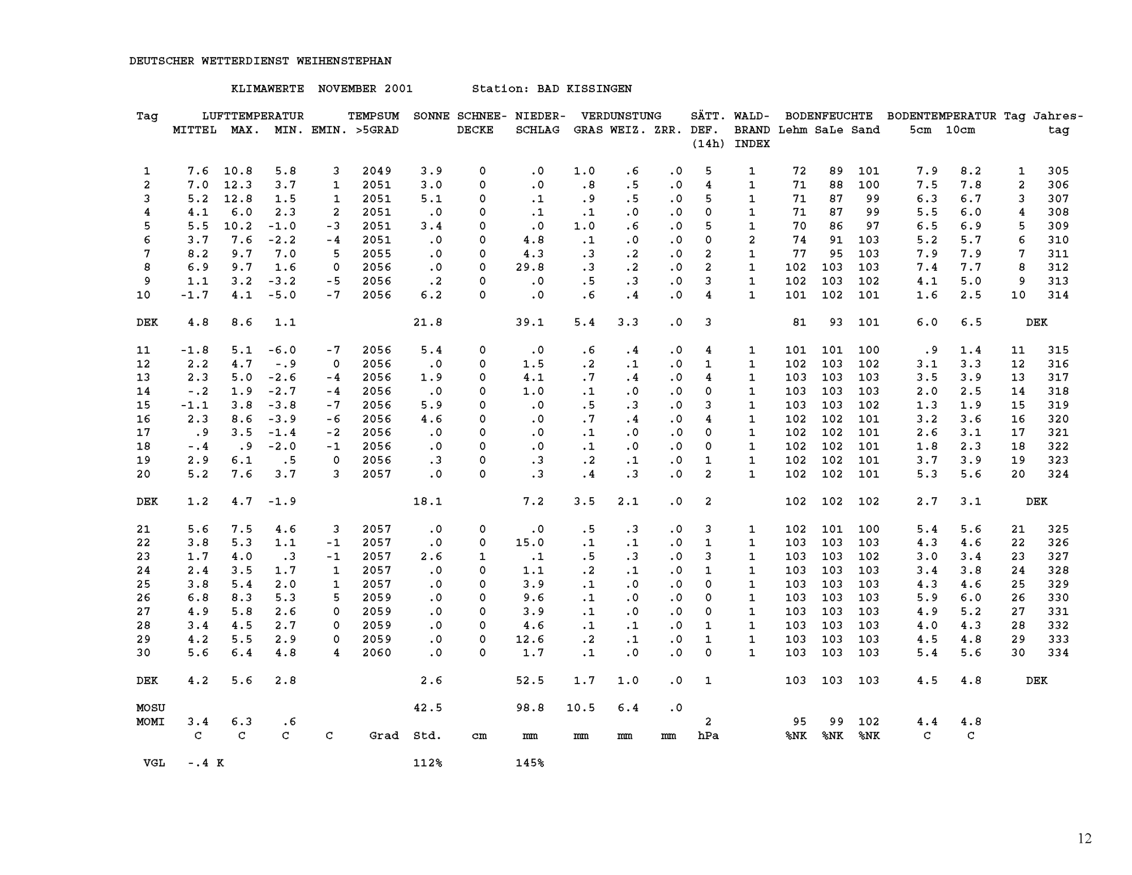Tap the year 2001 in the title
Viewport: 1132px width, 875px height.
pyautogui.click(x=398, y=89)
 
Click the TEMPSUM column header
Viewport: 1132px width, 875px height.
pyautogui.click(x=373, y=116)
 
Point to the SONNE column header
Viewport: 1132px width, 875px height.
pyautogui.click(x=431, y=116)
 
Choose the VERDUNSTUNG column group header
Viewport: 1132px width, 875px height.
pyautogui.click(x=621, y=116)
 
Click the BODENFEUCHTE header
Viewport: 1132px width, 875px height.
pyautogui.click(x=829, y=116)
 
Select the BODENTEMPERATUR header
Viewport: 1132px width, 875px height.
pyautogui.click(x=941, y=116)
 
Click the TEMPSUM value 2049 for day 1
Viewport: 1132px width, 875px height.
pyautogui.click(x=376, y=171)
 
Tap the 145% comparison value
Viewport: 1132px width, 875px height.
pyautogui.click(x=530, y=763)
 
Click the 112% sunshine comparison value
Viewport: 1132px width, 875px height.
pyautogui.click(x=427, y=763)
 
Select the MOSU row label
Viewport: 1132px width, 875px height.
pyautogui.click(x=151, y=708)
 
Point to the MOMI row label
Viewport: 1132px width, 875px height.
pyautogui.click(x=151, y=722)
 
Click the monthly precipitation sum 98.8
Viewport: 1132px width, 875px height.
pyautogui.click(x=530, y=708)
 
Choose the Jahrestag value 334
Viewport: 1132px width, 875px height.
pyautogui.click(x=1058, y=653)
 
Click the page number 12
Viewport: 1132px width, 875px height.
pyautogui.click(x=1084, y=839)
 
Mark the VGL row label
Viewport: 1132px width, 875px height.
pyautogui.click(x=154, y=763)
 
